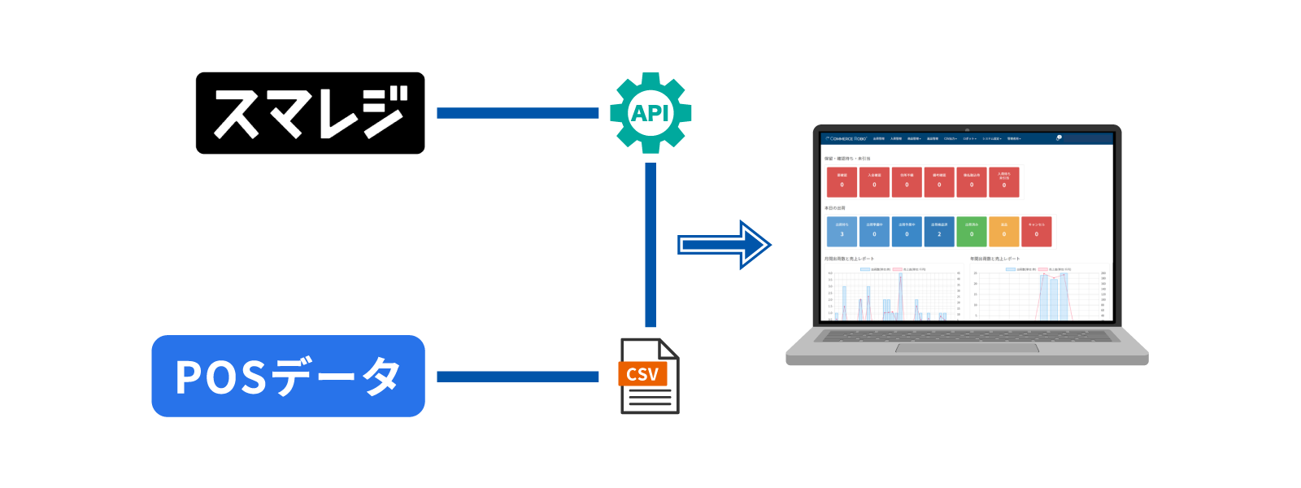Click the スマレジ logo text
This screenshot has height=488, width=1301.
click(x=309, y=113)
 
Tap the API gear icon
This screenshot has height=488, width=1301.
click(x=650, y=113)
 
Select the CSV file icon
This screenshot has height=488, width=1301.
click(x=650, y=377)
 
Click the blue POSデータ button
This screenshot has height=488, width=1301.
click(x=288, y=377)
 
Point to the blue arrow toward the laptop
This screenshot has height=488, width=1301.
click(x=724, y=245)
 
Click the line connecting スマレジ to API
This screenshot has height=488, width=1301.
click(x=517, y=113)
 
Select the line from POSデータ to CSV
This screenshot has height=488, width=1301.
click(x=517, y=377)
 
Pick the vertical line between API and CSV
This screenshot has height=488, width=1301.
click(x=650, y=244)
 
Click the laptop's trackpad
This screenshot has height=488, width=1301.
click(x=967, y=348)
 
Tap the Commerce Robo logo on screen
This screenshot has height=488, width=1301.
click(x=846, y=139)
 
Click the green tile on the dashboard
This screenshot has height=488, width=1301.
click(x=972, y=231)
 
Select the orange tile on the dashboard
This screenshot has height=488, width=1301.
click(x=1004, y=231)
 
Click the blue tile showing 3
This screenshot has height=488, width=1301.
click(x=842, y=231)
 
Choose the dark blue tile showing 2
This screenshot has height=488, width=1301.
click(x=939, y=231)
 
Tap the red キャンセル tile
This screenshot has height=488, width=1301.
click(x=1037, y=231)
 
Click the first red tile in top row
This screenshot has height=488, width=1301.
click(x=842, y=181)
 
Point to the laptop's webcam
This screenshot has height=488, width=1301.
click(x=967, y=129)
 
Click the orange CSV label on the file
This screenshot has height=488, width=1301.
click(x=642, y=374)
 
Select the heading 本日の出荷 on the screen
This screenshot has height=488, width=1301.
click(x=835, y=208)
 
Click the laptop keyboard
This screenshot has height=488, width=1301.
click(x=967, y=335)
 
